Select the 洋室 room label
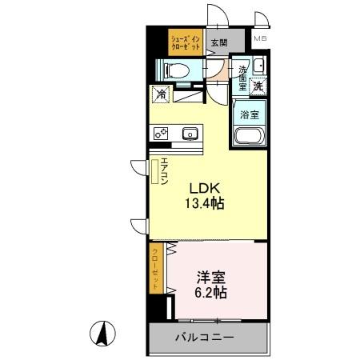click(x=210, y=278)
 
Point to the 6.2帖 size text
click(x=210, y=293)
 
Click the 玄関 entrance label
click(x=218, y=43)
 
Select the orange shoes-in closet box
click(x=185, y=42)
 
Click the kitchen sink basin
click(x=190, y=134)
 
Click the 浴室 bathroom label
click(x=250, y=114)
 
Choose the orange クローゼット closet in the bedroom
click(x=157, y=269)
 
